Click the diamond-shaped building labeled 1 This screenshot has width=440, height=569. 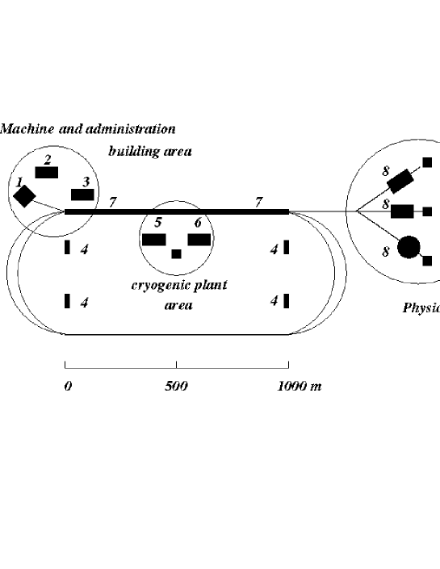point(24,196)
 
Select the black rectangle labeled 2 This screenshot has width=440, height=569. point(47,172)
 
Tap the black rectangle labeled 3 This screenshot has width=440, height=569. point(82,195)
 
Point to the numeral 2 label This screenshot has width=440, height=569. point(48,158)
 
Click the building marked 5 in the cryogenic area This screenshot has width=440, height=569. point(154,239)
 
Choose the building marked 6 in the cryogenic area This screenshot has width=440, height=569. point(199,239)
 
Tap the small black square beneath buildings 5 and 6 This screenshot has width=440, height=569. point(176,253)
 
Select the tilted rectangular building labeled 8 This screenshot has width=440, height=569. point(400,176)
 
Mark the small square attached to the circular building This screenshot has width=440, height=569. point(428,261)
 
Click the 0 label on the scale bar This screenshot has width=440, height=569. point(68,386)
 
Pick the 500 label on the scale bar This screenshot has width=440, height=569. point(176,386)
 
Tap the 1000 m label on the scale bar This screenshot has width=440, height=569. point(300,386)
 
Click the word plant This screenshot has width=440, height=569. point(209,285)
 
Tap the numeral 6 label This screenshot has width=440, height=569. point(197,222)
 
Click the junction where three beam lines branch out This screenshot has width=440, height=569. point(356,211)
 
